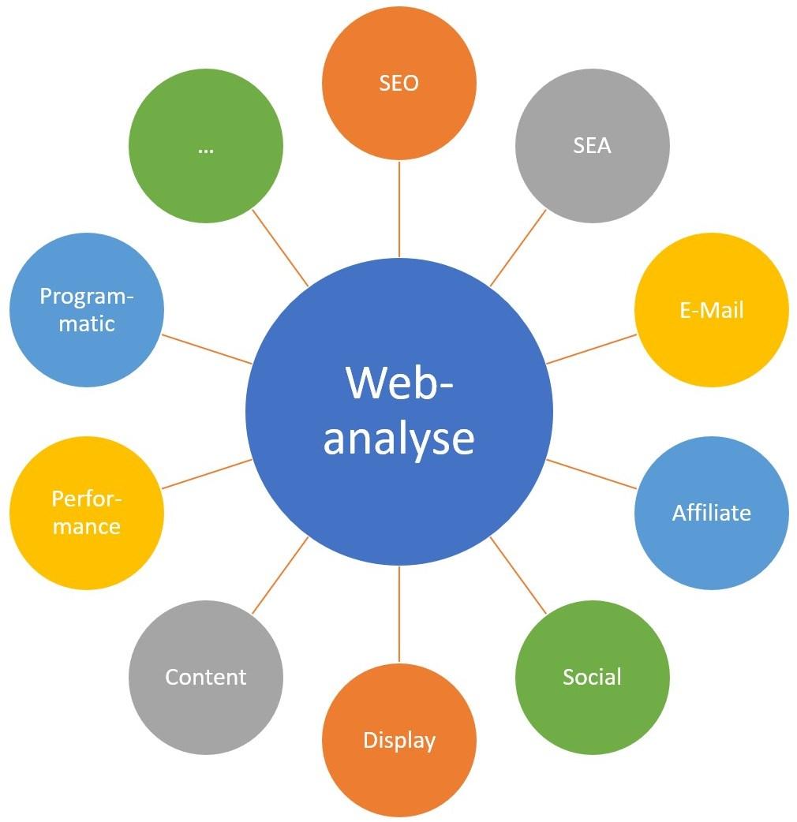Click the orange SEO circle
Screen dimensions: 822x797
pos(398,83)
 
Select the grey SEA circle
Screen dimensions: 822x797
pos(592,146)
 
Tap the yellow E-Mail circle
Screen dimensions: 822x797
pos(711,309)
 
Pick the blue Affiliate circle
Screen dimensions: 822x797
pos(711,513)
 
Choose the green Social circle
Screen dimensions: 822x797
pos(592,677)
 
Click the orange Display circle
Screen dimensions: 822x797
pos(398,740)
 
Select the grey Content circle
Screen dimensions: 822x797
pos(205,677)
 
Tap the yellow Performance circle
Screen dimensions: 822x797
pos(86,513)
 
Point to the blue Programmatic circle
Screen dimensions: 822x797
pos(86,309)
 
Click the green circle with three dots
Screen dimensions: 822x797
pos(205,146)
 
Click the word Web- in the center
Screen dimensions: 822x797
pos(399,382)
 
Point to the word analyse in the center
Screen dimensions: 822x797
pos(398,439)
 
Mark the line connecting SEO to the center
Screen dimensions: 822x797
pos(399,209)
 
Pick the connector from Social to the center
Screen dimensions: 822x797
pos(518,575)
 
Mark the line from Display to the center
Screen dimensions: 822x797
pos(399,614)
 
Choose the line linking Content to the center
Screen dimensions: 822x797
pos(280,575)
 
